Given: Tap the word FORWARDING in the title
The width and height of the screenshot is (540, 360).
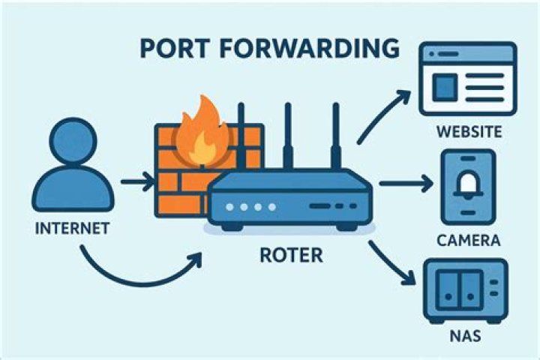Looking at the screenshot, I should coord(315,48).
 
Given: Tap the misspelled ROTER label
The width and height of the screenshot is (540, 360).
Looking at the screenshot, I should coord(290,255).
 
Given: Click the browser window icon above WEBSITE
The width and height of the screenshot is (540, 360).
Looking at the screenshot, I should coord(469,78).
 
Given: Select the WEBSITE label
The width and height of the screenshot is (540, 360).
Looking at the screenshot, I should coord(468,133).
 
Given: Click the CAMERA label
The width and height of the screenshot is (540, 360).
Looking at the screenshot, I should coord(468,241).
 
